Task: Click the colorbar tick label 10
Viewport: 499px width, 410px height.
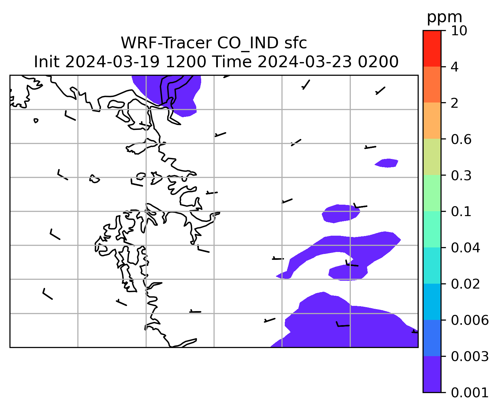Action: tap(459, 31)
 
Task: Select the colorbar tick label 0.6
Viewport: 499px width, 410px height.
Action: tap(461, 139)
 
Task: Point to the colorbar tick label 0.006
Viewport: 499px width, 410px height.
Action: tap(470, 320)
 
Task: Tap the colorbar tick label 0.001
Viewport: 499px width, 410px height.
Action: tap(470, 393)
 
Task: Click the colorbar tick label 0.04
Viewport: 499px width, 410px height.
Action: tap(465, 248)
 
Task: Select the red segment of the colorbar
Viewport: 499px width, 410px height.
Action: tap(432, 48)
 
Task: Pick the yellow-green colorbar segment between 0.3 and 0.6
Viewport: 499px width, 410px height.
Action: tap(432, 157)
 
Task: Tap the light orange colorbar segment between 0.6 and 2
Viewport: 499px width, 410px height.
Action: tap(432, 120)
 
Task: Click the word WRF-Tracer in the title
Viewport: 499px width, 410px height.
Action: tap(166, 43)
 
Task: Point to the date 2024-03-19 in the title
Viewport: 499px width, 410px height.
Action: tap(112, 62)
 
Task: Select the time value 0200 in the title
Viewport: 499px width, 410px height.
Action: tap(378, 62)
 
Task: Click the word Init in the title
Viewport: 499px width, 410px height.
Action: tap(47, 62)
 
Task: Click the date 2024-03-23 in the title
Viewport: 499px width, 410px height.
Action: tap(304, 62)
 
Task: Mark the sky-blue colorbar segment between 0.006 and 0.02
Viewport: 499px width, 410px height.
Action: tap(432, 302)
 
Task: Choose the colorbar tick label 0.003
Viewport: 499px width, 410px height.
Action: tap(470, 356)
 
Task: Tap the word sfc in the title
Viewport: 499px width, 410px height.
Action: tap(296, 43)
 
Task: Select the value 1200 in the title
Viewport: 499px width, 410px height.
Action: tap(186, 62)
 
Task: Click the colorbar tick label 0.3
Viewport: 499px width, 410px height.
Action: tap(461, 175)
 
